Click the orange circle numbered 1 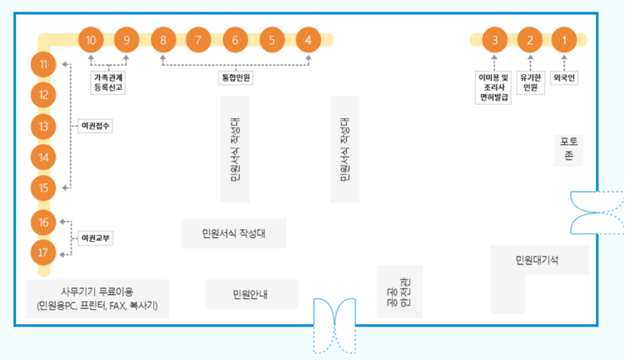[x=564, y=40]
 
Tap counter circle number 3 [x=495, y=40]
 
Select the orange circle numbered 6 [x=235, y=40]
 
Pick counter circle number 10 [x=91, y=40]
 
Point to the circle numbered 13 [x=43, y=126]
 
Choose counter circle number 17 [x=43, y=253]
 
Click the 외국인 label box [x=564, y=77]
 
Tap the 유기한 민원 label [x=530, y=82]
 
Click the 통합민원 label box [x=235, y=77]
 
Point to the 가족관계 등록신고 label [x=109, y=82]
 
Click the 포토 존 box [x=569, y=150]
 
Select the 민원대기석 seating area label [x=537, y=260]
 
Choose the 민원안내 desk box [x=251, y=294]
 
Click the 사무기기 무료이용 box [x=97, y=298]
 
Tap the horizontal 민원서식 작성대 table [x=234, y=233]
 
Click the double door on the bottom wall [x=334, y=324]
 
